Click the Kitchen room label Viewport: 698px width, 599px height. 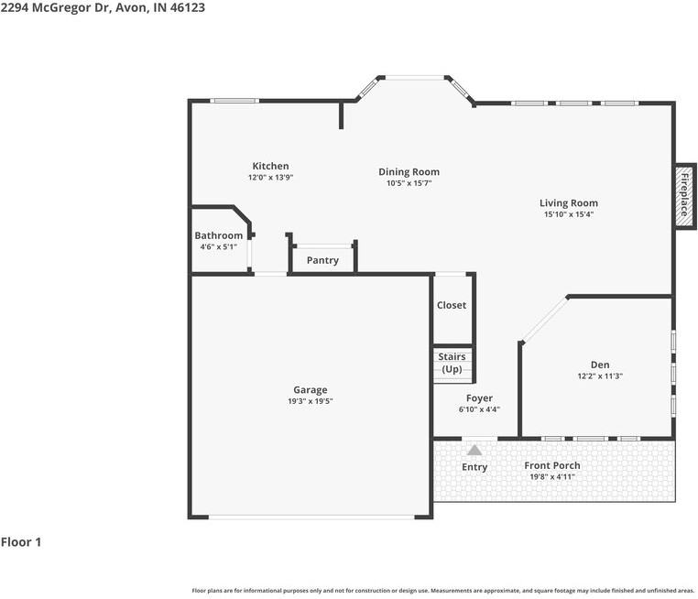(x=270, y=166)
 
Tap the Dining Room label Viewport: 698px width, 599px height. (x=409, y=171)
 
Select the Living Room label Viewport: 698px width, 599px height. (x=568, y=203)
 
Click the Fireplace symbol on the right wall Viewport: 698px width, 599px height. (x=683, y=194)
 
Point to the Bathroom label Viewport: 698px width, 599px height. (x=218, y=235)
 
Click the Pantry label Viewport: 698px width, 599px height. (x=322, y=260)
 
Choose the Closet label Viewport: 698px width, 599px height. (x=451, y=305)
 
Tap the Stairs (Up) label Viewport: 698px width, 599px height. (x=452, y=363)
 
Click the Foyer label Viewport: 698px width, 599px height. (x=479, y=398)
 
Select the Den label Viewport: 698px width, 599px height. (x=600, y=365)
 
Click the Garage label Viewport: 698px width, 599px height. (x=310, y=389)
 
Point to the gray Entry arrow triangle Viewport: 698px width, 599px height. (x=474, y=450)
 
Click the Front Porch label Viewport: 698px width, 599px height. (x=551, y=465)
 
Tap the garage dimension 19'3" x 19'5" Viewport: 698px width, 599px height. (x=310, y=401)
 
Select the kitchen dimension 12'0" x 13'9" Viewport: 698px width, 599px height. (x=270, y=178)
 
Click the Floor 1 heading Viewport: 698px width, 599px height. (x=21, y=542)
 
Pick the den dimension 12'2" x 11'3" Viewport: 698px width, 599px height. (x=600, y=376)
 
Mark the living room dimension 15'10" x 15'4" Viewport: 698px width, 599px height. (x=568, y=215)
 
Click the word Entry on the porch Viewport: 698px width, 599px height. (x=474, y=467)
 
